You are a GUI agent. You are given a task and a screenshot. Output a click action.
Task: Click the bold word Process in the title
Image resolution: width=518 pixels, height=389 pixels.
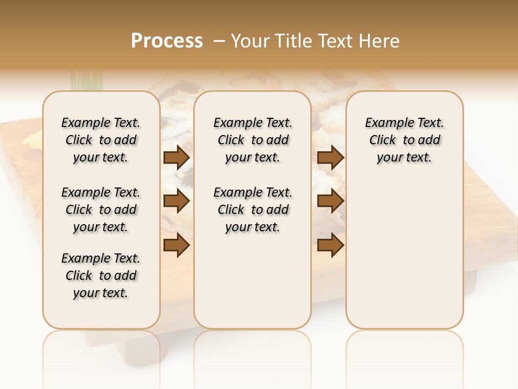[x=167, y=41]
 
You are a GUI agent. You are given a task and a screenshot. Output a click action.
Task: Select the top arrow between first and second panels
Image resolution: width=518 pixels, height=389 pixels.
[x=176, y=158]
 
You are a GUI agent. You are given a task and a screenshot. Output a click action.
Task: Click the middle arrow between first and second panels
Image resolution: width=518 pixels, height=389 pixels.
[x=176, y=202]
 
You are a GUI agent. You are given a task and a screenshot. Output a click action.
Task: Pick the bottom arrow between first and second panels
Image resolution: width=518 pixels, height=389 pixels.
[x=176, y=245]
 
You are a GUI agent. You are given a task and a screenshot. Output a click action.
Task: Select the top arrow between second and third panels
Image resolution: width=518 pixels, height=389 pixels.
[x=330, y=158]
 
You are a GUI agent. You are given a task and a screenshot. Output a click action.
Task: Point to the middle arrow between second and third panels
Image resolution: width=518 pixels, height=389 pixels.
[x=330, y=202]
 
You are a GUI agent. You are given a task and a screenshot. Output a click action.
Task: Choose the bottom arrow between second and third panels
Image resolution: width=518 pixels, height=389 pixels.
[x=330, y=245]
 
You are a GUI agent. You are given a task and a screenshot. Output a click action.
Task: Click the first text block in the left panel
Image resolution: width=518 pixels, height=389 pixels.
[x=101, y=140]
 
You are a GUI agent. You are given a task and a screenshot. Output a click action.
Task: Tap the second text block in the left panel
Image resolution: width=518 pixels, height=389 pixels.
[x=101, y=210]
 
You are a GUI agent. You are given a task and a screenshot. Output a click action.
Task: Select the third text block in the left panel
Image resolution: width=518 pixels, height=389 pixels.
[x=101, y=276]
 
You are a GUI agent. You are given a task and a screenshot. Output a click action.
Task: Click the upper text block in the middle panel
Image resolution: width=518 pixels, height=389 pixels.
[x=253, y=140]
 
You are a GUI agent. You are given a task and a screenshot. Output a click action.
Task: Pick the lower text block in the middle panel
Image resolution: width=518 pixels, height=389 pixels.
[x=253, y=210]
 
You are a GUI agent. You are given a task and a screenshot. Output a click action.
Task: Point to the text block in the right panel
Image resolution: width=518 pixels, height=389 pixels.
[x=404, y=140]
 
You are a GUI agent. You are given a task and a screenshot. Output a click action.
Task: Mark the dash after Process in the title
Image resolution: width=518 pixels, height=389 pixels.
[x=219, y=41]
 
